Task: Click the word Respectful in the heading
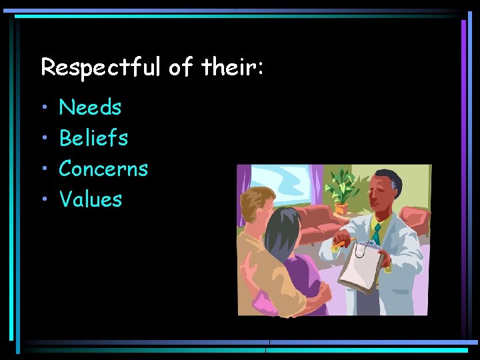click(101, 67)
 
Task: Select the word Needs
click(90, 107)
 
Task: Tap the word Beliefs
click(93, 138)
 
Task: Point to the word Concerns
click(103, 169)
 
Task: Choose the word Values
click(91, 199)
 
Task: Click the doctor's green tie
click(376, 233)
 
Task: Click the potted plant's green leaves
click(344, 183)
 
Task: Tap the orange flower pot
click(342, 208)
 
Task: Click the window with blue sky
click(287, 186)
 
